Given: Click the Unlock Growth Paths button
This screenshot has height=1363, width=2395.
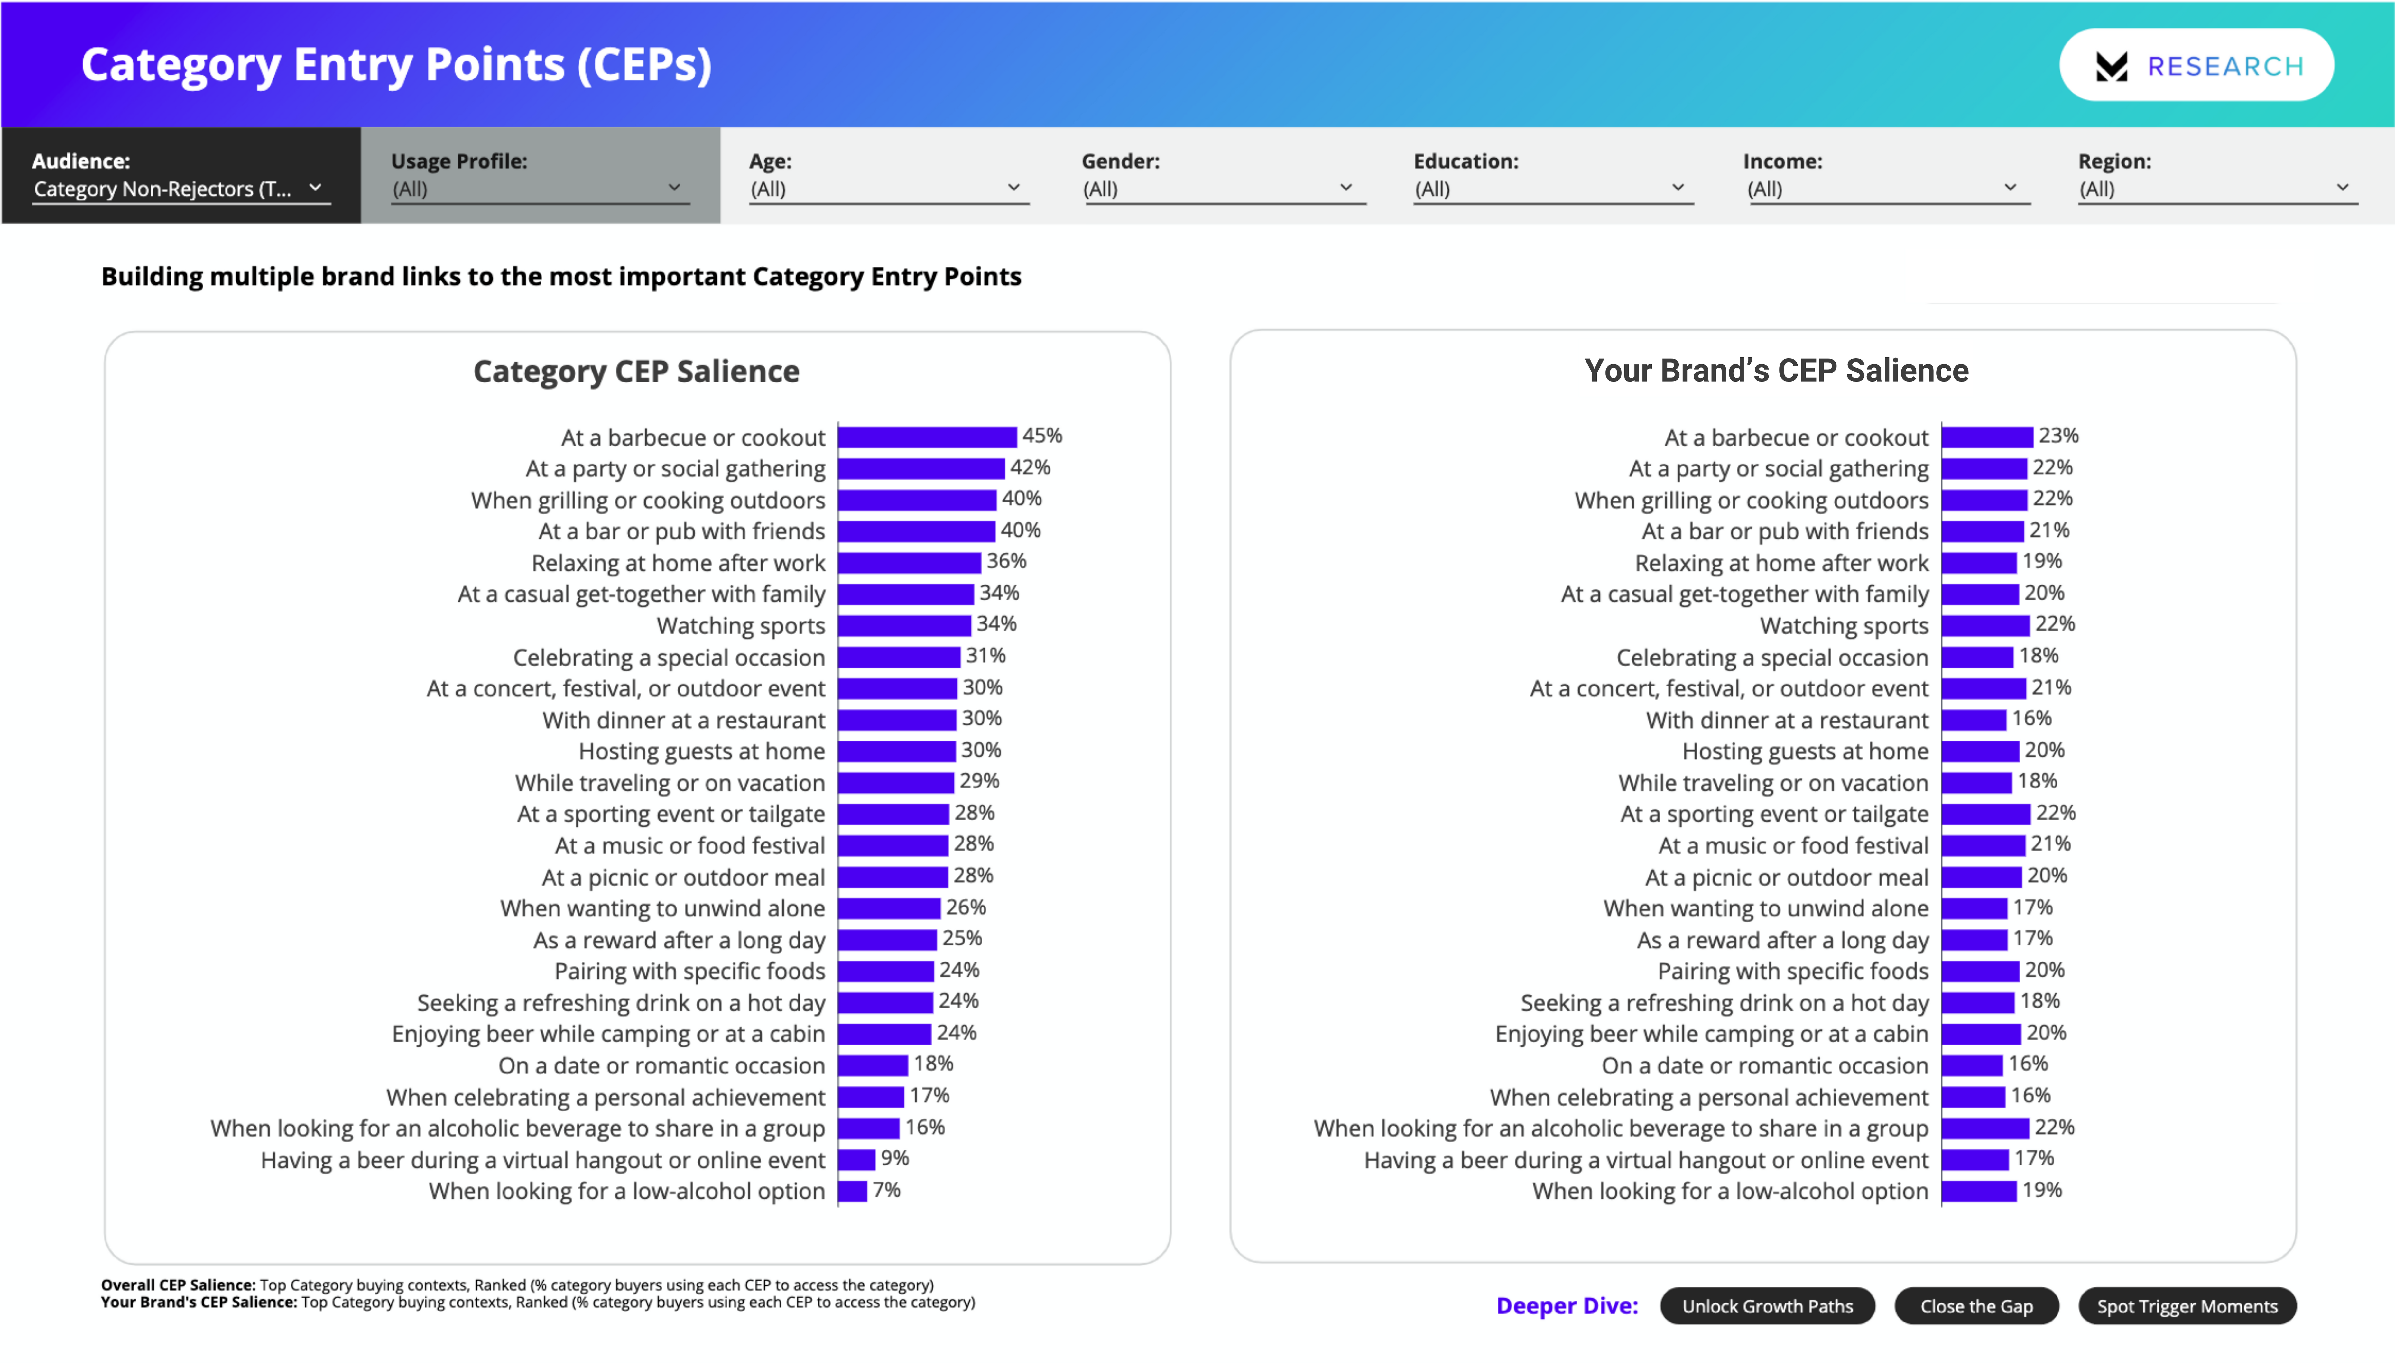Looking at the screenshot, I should click(x=1767, y=1306).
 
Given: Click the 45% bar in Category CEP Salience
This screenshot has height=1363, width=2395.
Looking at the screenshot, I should click(x=927, y=437).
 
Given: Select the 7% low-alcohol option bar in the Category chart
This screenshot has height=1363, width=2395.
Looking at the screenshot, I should click(x=853, y=1191).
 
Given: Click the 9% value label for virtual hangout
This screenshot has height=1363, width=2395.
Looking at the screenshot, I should click(x=894, y=1158).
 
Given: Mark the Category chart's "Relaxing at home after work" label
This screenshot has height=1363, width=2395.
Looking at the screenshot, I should click(x=678, y=563).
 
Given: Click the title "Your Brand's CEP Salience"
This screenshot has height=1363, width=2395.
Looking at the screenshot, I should click(x=1776, y=371).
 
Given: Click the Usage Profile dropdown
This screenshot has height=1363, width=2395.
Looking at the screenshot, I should click(x=538, y=188).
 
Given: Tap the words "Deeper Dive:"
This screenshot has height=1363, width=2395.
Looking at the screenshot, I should click(x=1567, y=1306).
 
